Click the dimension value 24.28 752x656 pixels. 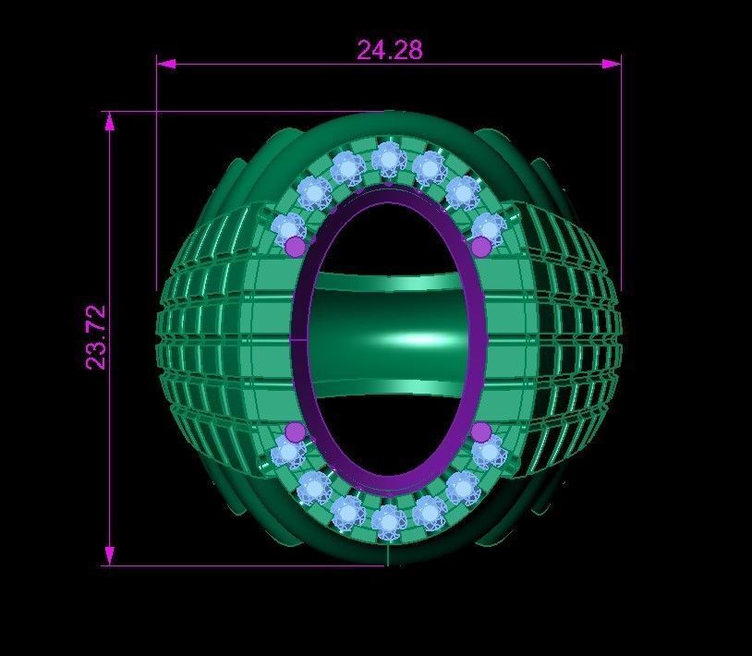tap(390, 49)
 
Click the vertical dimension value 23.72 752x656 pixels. tap(97, 338)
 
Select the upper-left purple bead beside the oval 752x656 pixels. tap(295, 246)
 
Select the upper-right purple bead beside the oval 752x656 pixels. tap(481, 247)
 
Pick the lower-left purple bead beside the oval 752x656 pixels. tap(295, 431)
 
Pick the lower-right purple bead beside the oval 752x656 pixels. tap(481, 431)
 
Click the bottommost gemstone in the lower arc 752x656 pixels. tap(388, 523)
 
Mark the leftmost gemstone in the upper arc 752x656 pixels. tap(289, 227)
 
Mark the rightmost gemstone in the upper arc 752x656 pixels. tap(487, 227)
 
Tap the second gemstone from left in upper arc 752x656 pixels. tap(314, 193)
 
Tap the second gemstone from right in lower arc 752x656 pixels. tap(462, 487)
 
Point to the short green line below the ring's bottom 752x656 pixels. tap(388, 554)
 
